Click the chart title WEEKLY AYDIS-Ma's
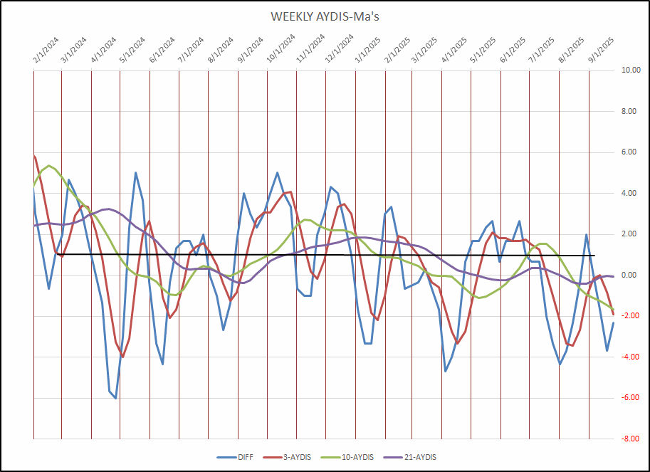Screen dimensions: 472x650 (325, 16)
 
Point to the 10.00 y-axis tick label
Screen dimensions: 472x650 (631, 70)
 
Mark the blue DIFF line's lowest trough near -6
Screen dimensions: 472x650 (115, 398)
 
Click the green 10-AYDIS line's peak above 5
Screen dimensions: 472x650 (48, 166)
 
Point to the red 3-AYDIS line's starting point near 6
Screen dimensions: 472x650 (34, 156)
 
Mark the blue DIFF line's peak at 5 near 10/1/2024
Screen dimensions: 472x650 (277, 172)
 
